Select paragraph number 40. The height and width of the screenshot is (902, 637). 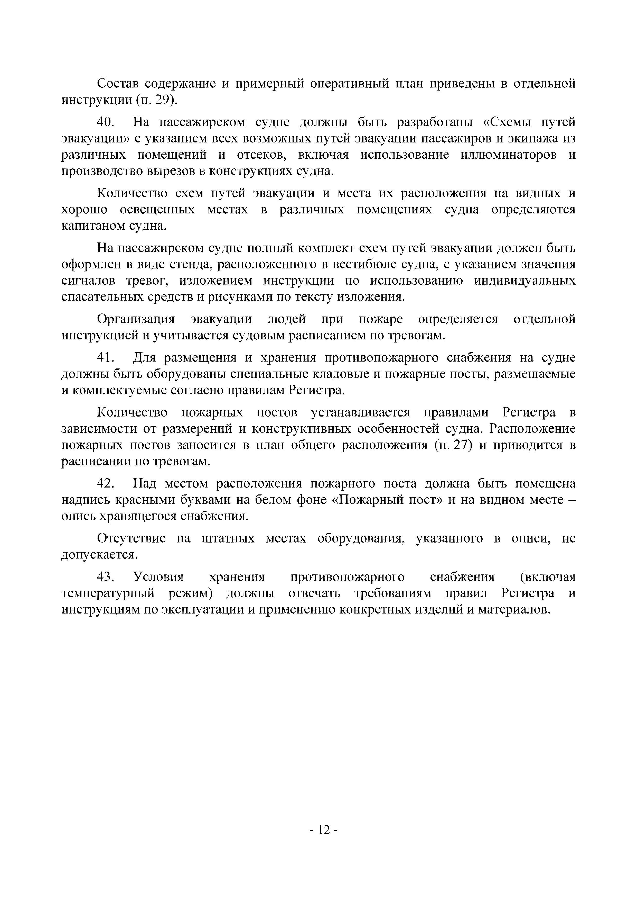click(105, 122)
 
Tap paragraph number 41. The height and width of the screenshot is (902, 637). click(105, 357)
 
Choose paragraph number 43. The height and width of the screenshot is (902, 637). click(105, 577)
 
